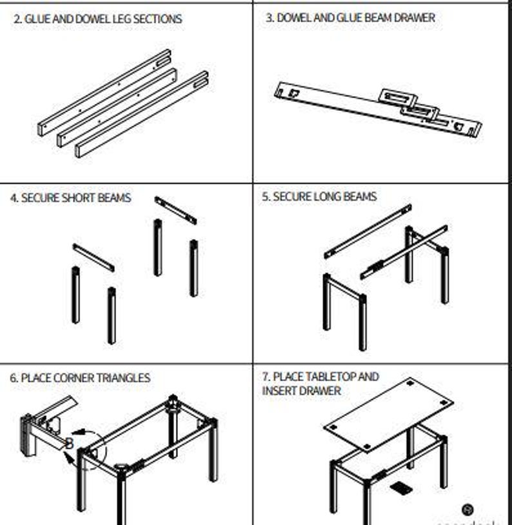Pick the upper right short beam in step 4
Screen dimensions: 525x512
coord(175,210)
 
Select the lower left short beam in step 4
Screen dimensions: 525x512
coord(94,257)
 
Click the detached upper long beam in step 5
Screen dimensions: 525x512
coord(368,231)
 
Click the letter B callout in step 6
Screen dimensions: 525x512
coord(69,443)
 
